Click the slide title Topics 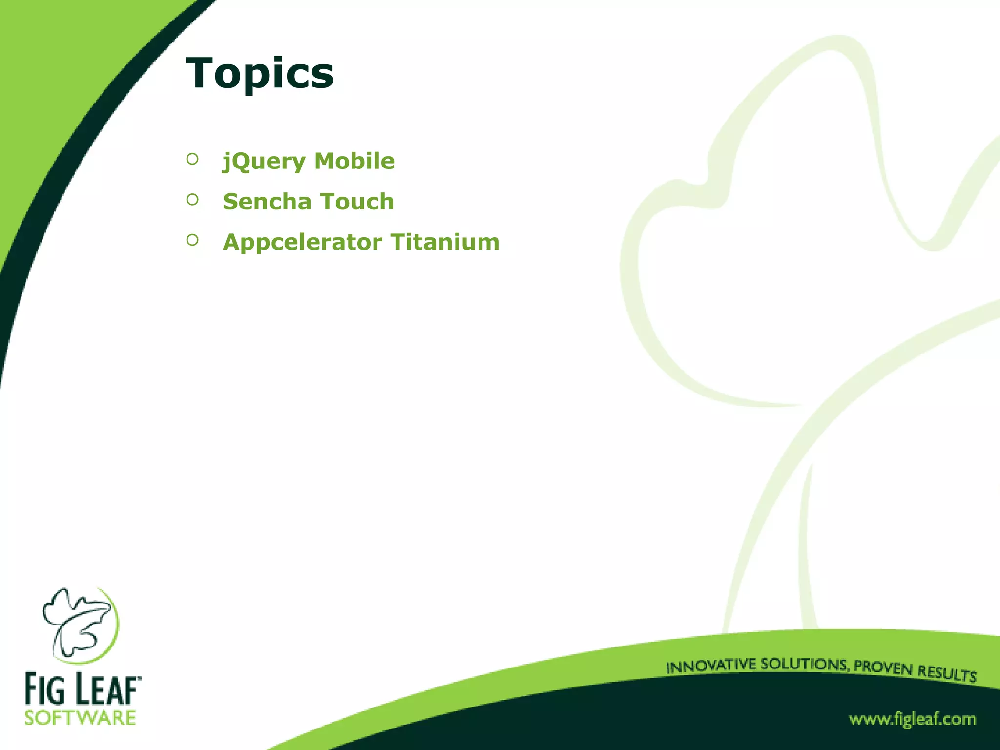(x=259, y=73)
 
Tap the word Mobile (x=354, y=161)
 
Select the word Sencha (x=267, y=202)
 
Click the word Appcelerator (x=302, y=242)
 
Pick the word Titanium (x=445, y=242)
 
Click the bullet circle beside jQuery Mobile (x=192, y=159)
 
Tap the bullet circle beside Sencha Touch (x=192, y=199)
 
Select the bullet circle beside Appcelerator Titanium (x=192, y=240)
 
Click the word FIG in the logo (x=44, y=689)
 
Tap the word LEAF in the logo (x=104, y=689)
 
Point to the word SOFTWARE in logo (x=80, y=718)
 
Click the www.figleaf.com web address (x=912, y=719)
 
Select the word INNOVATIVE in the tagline (x=711, y=666)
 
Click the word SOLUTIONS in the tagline (x=805, y=665)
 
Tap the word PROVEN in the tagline (x=883, y=667)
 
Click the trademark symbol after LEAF (x=139, y=678)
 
